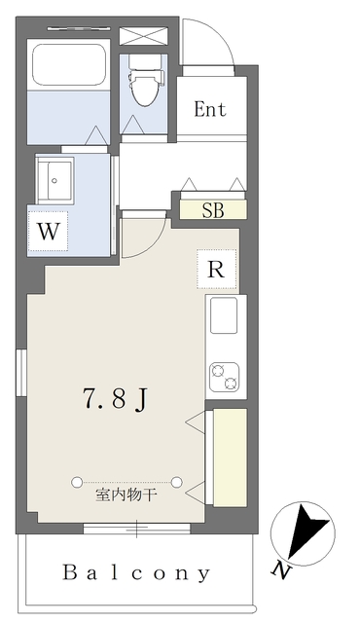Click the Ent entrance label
click(210, 109)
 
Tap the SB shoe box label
click(211, 208)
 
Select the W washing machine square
click(47, 232)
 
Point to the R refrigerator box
click(217, 270)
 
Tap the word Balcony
click(136, 572)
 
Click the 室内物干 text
click(126, 495)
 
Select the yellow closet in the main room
click(230, 457)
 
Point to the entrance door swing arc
click(206, 44)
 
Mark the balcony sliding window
click(136, 530)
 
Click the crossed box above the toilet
click(144, 36)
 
